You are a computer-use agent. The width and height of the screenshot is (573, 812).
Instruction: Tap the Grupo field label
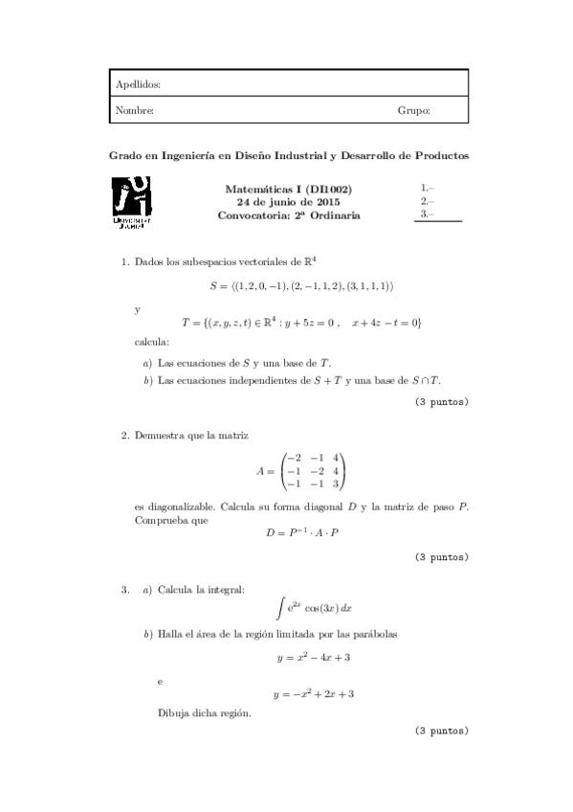413,111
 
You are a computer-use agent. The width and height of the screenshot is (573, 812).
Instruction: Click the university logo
132,204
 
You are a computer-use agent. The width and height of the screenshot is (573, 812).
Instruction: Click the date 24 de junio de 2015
288,203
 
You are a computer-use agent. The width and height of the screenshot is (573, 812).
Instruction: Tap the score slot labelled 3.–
428,215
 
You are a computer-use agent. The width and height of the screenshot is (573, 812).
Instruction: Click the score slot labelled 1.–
428,189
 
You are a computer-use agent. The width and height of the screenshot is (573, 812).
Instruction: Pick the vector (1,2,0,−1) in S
266,286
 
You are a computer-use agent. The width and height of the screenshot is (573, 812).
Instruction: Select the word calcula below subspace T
151,343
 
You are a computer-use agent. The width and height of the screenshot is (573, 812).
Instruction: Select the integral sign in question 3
279,606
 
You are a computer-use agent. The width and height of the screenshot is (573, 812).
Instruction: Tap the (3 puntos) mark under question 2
441,556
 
